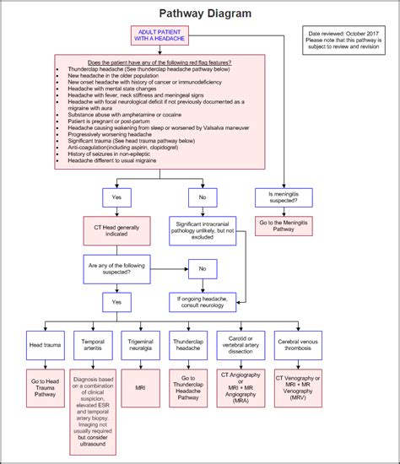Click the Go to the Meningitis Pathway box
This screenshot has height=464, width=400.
pyautogui.click(x=285, y=226)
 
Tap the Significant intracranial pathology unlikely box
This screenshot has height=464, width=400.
pyautogui.click(x=202, y=231)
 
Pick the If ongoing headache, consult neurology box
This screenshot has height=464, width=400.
pyautogui.click(x=202, y=301)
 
